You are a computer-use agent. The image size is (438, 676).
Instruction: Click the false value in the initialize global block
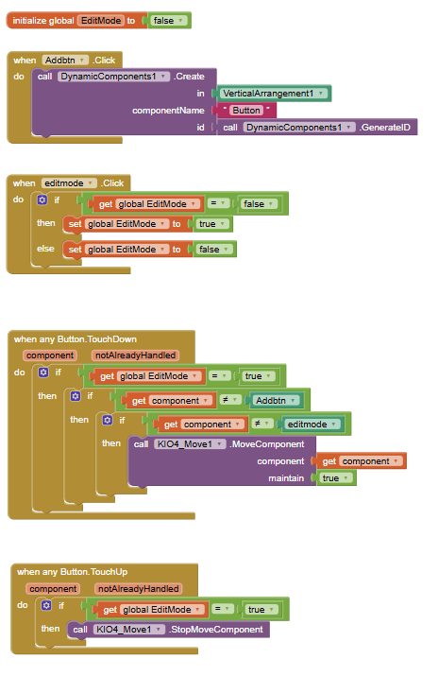pos(168,21)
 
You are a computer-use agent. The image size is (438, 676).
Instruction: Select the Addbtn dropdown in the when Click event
pos(65,61)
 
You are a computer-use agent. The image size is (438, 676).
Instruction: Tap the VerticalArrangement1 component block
pos(273,94)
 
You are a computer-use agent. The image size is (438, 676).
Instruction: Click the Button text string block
pos(246,111)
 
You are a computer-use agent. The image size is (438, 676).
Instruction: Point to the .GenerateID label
pos(385,128)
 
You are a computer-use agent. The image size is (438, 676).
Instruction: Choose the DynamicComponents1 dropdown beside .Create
pos(113,77)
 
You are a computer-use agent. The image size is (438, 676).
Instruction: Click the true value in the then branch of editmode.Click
pos(211,224)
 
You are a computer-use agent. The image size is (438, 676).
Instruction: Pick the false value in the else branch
pos(214,250)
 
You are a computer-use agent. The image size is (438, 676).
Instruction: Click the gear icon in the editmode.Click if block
pos(42,200)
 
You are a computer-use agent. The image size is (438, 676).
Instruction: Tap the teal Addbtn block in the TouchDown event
pos(276,401)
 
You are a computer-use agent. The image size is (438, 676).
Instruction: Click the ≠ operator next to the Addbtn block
pos(229,401)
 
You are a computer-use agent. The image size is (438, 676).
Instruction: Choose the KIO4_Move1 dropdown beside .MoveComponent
pos(190,444)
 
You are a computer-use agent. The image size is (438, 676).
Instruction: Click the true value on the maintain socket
pos(335,478)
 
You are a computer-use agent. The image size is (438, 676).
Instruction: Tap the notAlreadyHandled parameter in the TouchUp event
pos(138,589)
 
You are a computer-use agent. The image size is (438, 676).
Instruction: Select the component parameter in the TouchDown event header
pos(50,355)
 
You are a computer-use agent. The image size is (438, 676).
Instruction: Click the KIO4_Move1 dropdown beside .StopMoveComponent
pos(128,630)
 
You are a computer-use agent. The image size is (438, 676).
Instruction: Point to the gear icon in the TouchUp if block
pos(46,606)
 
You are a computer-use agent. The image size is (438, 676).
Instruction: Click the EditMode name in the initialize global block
pos(101,21)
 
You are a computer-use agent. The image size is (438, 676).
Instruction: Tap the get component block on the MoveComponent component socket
pos(362,461)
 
